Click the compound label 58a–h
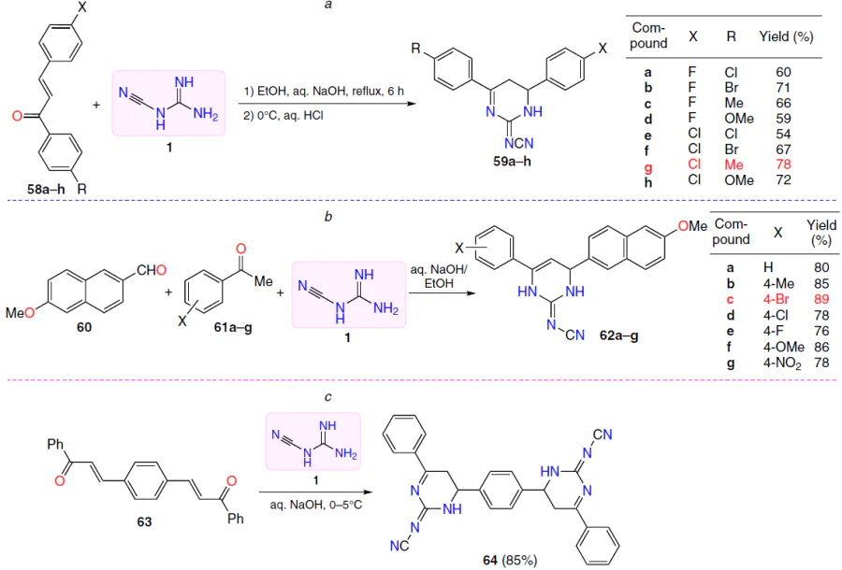46,188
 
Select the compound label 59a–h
513,161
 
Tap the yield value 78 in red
783,164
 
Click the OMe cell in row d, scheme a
739,119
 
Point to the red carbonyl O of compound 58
17,116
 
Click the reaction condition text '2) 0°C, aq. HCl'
283,115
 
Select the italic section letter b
328,217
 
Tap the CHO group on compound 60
152,270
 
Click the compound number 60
84,327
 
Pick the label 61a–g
233,326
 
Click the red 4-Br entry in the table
776,299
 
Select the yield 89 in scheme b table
821,299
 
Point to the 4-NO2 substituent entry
782,363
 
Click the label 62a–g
619,336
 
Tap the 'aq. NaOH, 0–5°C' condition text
316,505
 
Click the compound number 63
144,521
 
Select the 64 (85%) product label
510,561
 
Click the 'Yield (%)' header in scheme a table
786,37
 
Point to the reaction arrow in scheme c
316,492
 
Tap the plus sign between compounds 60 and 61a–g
168,292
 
